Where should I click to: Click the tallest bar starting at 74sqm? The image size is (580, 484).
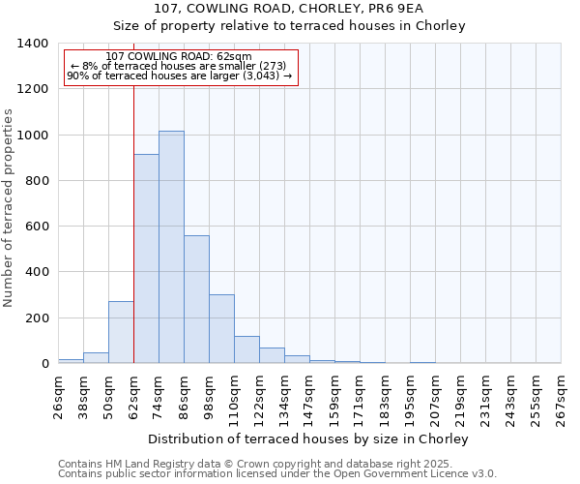pyautogui.click(x=171, y=247)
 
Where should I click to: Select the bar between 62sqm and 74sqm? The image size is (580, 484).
pyautogui.click(x=146, y=258)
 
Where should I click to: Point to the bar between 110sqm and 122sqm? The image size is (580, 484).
pyautogui.click(x=246, y=349)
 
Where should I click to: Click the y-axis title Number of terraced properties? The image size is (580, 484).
pyautogui.click(x=10, y=207)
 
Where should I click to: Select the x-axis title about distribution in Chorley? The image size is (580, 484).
pyautogui.click(x=309, y=439)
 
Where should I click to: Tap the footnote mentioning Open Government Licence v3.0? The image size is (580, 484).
pyautogui.click(x=277, y=474)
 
